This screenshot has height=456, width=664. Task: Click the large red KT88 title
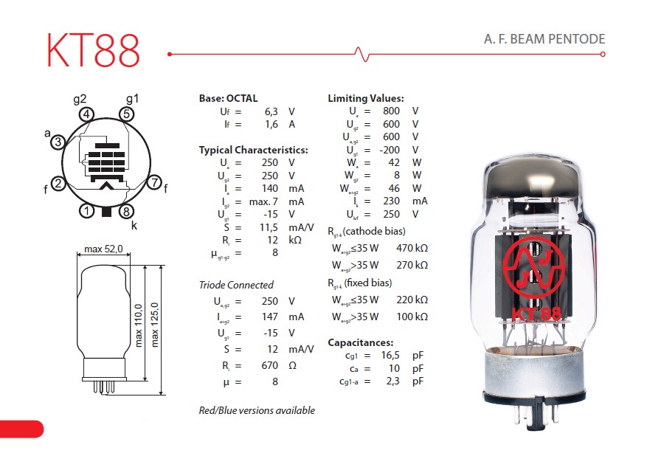click(93, 50)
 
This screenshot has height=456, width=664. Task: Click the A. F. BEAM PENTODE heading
click(544, 39)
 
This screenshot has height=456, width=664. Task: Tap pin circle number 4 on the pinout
click(86, 114)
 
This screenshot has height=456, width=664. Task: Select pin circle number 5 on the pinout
click(127, 114)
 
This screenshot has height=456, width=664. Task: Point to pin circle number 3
click(58, 142)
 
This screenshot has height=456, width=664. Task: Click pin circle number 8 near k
click(126, 211)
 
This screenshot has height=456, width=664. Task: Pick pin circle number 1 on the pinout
click(87, 211)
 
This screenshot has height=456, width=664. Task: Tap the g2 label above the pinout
click(80, 99)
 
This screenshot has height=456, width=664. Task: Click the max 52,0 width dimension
click(103, 249)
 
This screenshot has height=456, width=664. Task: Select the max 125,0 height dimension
click(154, 325)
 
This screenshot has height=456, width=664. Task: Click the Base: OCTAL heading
click(228, 98)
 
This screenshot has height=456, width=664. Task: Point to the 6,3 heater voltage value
click(271, 111)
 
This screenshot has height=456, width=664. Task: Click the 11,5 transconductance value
click(269, 227)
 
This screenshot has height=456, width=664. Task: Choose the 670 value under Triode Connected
click(270, 365)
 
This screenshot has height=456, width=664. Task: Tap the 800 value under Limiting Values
click(391, 111)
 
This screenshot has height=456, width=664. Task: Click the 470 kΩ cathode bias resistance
click(412, 248)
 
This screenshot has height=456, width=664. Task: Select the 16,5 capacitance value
click(390, 355)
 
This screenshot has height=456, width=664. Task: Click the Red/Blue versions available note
click(257, 410)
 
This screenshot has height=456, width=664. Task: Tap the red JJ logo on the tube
click(534, 267)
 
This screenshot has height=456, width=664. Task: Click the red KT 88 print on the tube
click(536, 314)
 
